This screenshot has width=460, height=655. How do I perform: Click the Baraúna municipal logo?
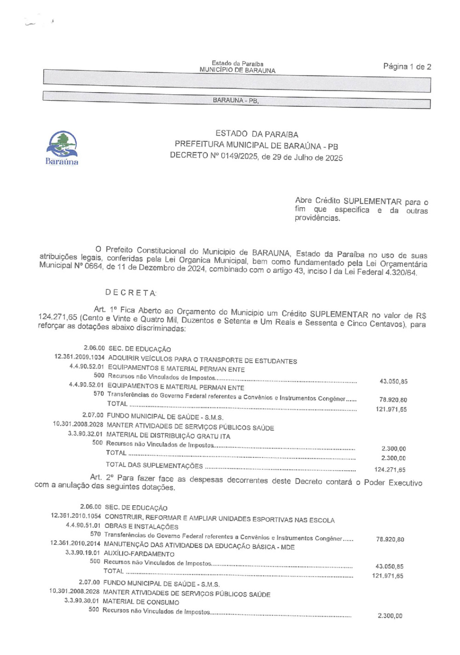tap(62, 147)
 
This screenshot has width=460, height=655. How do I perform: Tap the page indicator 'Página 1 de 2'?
tap(407, 67)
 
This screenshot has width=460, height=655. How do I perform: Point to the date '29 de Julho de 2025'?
tap(307, 158)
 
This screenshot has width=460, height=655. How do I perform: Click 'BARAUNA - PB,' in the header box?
tap(236, 100)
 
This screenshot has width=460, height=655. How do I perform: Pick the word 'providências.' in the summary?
tap(317, 218)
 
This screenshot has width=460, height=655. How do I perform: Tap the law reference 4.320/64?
tap(401, 273)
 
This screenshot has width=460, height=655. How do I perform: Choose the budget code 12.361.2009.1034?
tap(79, 357)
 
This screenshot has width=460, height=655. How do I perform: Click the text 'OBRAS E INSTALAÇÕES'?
tap(141, 526)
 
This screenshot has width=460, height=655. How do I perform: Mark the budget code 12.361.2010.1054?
tap(76, 516)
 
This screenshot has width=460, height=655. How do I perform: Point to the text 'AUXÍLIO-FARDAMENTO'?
tap(139, 554)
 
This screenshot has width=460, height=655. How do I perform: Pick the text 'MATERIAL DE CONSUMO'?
tap(141, 602)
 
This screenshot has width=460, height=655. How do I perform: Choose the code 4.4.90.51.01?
tap(83, 525)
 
